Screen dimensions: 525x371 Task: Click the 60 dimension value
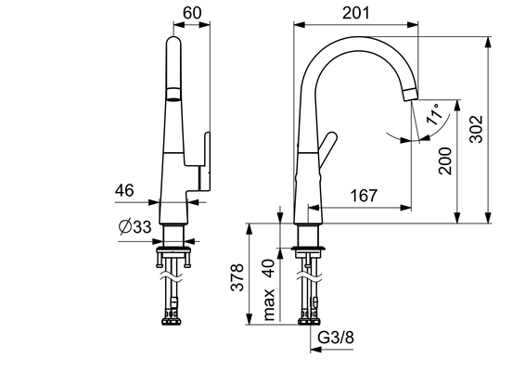[192, 13]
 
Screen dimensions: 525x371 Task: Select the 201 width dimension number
[356, 13]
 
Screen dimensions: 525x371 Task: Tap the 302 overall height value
[476, 129]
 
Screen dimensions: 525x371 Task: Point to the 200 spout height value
[445, 160]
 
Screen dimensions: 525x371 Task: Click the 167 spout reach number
[364, 196]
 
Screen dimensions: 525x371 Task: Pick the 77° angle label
[435, 114]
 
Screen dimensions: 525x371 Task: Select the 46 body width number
[124, 190]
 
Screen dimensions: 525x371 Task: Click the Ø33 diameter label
[135, 227]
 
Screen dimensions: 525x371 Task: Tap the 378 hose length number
[237, 277]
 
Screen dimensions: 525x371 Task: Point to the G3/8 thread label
[336, 338]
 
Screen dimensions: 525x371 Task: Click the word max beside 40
[269, 305]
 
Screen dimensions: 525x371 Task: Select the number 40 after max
[269, 269]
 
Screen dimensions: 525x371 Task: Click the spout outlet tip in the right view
[411, 94]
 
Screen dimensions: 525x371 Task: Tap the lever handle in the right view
[327, 149]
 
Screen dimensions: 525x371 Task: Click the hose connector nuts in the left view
[172, 322]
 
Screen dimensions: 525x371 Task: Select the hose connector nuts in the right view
[309, 322]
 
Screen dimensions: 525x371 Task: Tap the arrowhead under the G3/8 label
[315, 350]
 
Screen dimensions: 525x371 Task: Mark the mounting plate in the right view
[308, 249]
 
